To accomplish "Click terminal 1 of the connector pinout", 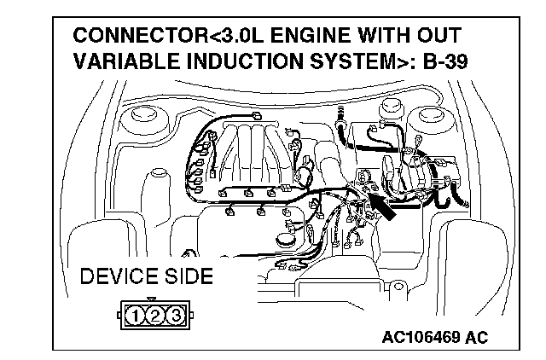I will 136,317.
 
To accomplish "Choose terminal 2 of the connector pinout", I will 155,317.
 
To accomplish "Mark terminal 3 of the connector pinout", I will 175,317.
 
